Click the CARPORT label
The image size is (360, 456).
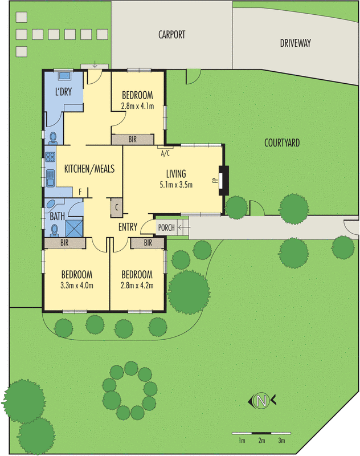tap(171, 35)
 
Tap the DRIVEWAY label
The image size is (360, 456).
tap(295, 43)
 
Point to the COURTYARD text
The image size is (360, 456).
tap(283, 142)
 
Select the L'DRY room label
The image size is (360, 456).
tap(63, 91)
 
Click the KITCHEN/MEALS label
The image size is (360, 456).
tap(89, 169)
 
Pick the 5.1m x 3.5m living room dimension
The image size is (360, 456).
tap(176, 184)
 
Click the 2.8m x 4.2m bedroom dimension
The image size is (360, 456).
tap(137, 286)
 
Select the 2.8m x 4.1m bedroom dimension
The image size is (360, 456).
tap(137, 105)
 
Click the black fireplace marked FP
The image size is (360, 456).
tap(224, 180)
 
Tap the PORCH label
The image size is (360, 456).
tap(166, 228)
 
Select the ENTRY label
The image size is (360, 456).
tap(128, 227)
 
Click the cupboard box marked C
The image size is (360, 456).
tap(117, 207)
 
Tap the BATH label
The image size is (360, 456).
tap(57, 217)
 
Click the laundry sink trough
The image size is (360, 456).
tap(63, 75)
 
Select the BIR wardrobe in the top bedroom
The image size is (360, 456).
tap(132, 139)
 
